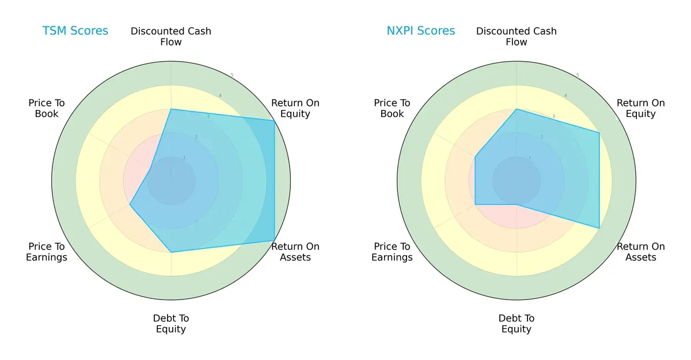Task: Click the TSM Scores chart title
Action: [75, 31]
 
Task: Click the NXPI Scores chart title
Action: [420, 31]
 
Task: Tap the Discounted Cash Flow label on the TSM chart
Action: [171, 36]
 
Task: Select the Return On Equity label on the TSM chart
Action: [295, 108]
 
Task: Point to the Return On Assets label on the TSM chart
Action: [295, 252]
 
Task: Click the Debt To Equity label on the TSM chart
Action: [171, 324]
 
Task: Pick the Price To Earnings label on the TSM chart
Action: [47, 252]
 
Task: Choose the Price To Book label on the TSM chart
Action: [47, 108]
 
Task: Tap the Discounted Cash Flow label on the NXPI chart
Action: [517, 36]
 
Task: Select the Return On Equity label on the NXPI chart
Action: [641, 108]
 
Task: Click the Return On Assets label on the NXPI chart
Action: [641, 252]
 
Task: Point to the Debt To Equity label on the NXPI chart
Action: [517, 324]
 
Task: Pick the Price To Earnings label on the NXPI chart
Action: [392, 252]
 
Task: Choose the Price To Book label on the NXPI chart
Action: [392, 108]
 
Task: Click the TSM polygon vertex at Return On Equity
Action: [274, 120]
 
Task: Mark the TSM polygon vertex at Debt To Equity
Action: [171, 252]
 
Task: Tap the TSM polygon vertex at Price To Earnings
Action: [130, 204]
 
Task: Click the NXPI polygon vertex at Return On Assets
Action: [599, 228]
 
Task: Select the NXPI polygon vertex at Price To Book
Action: [475, 156]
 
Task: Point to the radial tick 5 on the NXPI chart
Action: [577, 75]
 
